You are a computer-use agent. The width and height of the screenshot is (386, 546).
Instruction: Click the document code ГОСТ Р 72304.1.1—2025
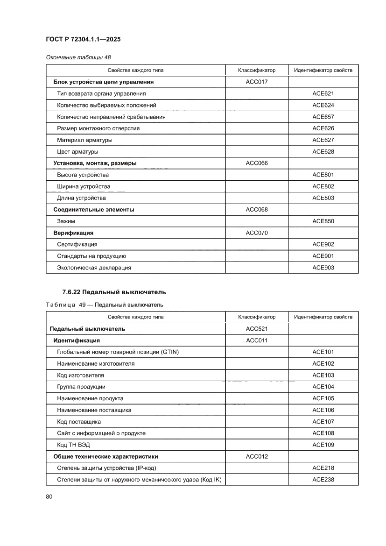click(x=84, y=40)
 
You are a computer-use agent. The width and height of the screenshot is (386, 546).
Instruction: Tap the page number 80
click(x=49, y=496)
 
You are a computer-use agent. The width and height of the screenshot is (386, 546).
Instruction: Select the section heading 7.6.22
click(x=114, y=292)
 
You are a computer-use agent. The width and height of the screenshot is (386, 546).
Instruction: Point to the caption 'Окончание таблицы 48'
click(x=78, y=57)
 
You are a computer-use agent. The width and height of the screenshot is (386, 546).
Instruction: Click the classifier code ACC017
click(x=257, y=82)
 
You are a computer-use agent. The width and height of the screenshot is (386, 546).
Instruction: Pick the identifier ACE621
click(x=323, y=93)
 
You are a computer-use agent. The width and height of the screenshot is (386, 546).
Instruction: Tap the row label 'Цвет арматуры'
click(x=77, y=152)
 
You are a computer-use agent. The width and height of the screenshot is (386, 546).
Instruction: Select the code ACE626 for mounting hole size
click(x=323, y=128)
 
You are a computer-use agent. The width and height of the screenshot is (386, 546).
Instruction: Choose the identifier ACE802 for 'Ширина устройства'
click(x=323, y=186)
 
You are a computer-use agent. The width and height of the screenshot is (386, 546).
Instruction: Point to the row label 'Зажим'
click(x=66, y=221)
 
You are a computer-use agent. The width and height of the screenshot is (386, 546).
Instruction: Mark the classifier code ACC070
click(x=257, y=233)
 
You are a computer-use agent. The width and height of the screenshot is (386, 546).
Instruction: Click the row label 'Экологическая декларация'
click(x=94, y=268)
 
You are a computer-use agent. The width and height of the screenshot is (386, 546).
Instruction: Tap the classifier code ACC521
click(x=257, y=329)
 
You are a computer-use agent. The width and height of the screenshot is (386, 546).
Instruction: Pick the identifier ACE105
click(x=323, y=398)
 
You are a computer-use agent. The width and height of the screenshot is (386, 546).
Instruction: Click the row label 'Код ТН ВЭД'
click(x=74, y=445)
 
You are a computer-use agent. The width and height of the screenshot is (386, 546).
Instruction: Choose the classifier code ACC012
click(x=257, y=456)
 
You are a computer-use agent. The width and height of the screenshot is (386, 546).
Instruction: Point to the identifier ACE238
click(x=323, y=480)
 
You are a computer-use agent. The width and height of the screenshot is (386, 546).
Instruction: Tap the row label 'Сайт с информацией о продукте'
click(x=101, y=433)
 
